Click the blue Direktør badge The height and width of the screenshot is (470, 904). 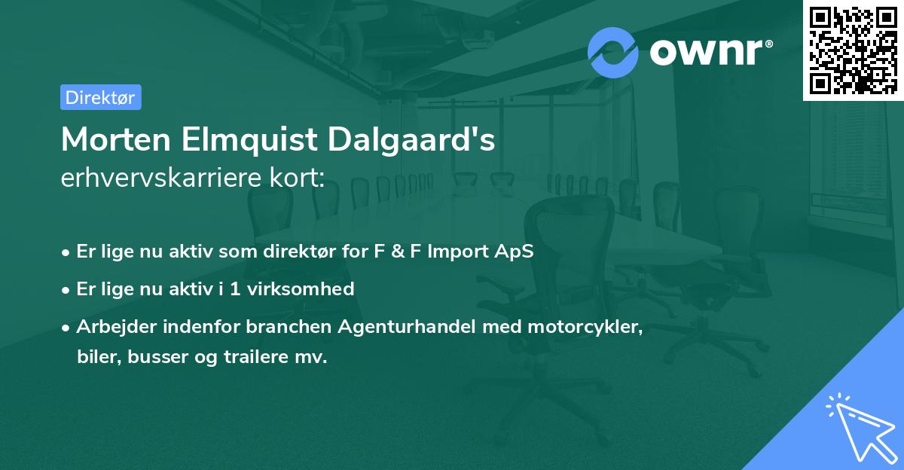pyautogui.click(x=100, y=97)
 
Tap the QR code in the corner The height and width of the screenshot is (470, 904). pyautogui.click(x=852, y=50)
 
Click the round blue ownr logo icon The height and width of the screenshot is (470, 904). pyautogui.click(x=613, y=52)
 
